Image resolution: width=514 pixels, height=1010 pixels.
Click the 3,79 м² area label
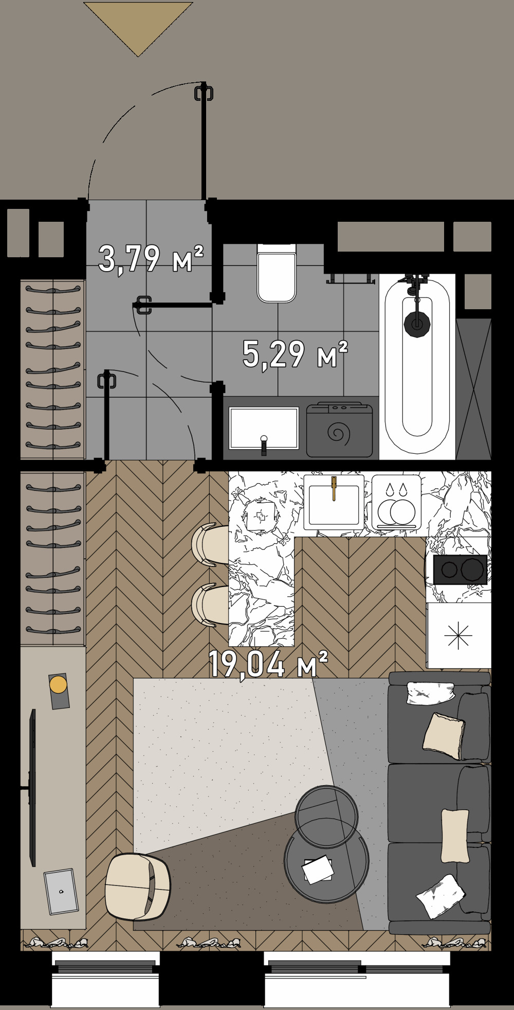click(151, 259)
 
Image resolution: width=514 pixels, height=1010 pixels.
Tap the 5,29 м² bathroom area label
click(295, 355)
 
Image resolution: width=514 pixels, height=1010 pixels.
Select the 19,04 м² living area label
click(267, 664)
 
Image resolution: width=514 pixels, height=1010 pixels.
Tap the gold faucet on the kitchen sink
click(334, 488)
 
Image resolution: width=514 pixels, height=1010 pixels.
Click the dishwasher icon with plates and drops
click(396, 502)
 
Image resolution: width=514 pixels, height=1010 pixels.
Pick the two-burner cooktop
click(460, 569)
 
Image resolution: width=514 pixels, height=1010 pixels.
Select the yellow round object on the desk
click(58, 685)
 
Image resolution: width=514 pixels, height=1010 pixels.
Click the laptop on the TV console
click(61, 891)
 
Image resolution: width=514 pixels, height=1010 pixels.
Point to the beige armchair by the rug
click(137, 887)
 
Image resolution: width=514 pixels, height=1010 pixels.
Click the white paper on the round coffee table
click(317, 869)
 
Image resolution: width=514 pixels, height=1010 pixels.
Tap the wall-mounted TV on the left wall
click(33, 787)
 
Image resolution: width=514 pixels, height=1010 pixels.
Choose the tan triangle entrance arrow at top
click(138, 23)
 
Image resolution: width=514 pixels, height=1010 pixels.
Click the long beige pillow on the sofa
click(455, 836)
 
